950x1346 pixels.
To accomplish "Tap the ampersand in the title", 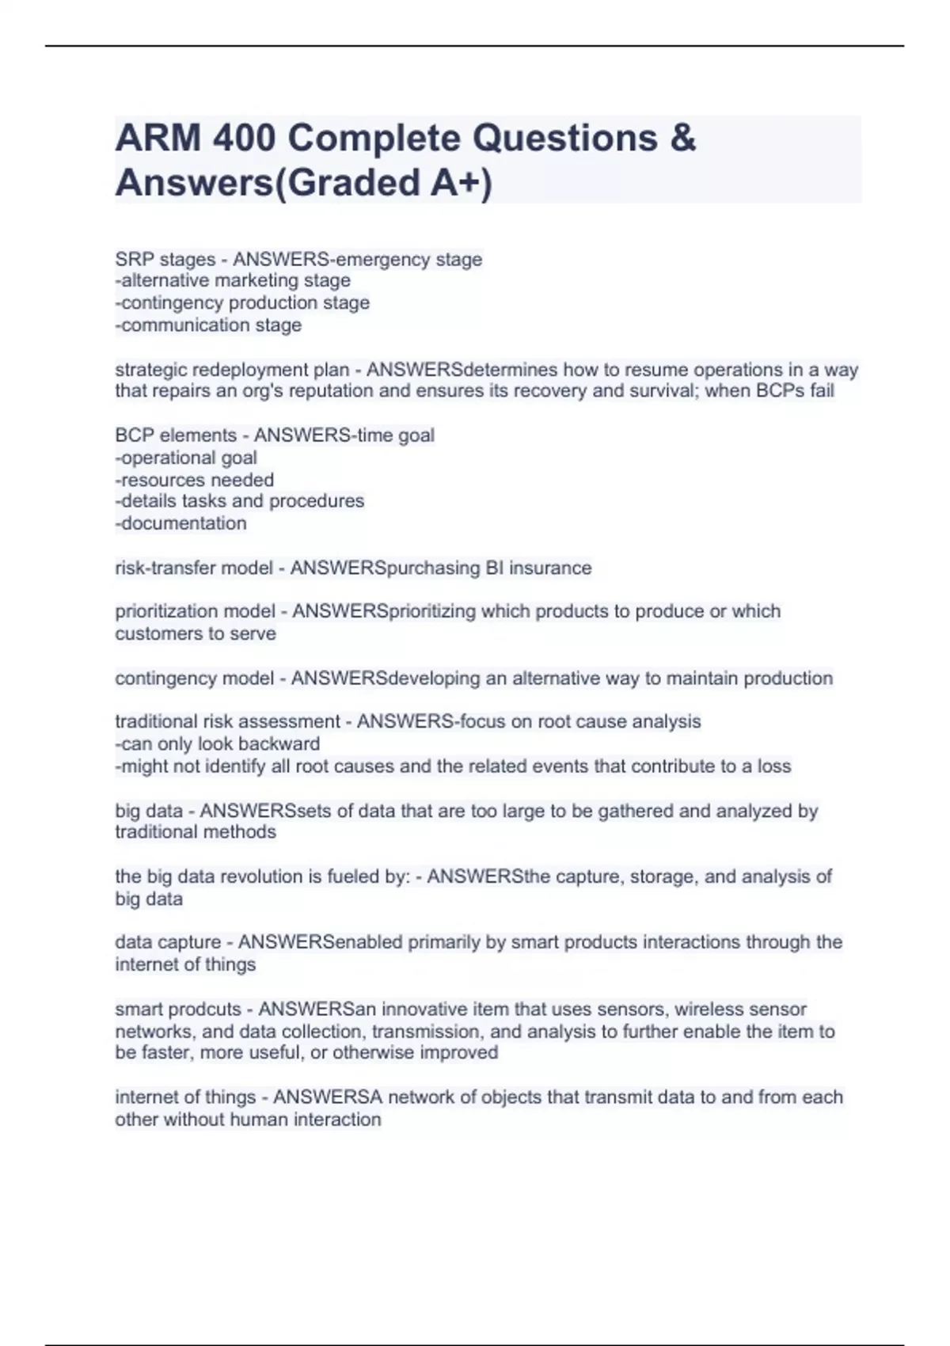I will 682,139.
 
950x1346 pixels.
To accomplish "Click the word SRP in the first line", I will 131,259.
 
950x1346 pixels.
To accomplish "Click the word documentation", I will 184,523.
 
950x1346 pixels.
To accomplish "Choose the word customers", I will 155,633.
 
